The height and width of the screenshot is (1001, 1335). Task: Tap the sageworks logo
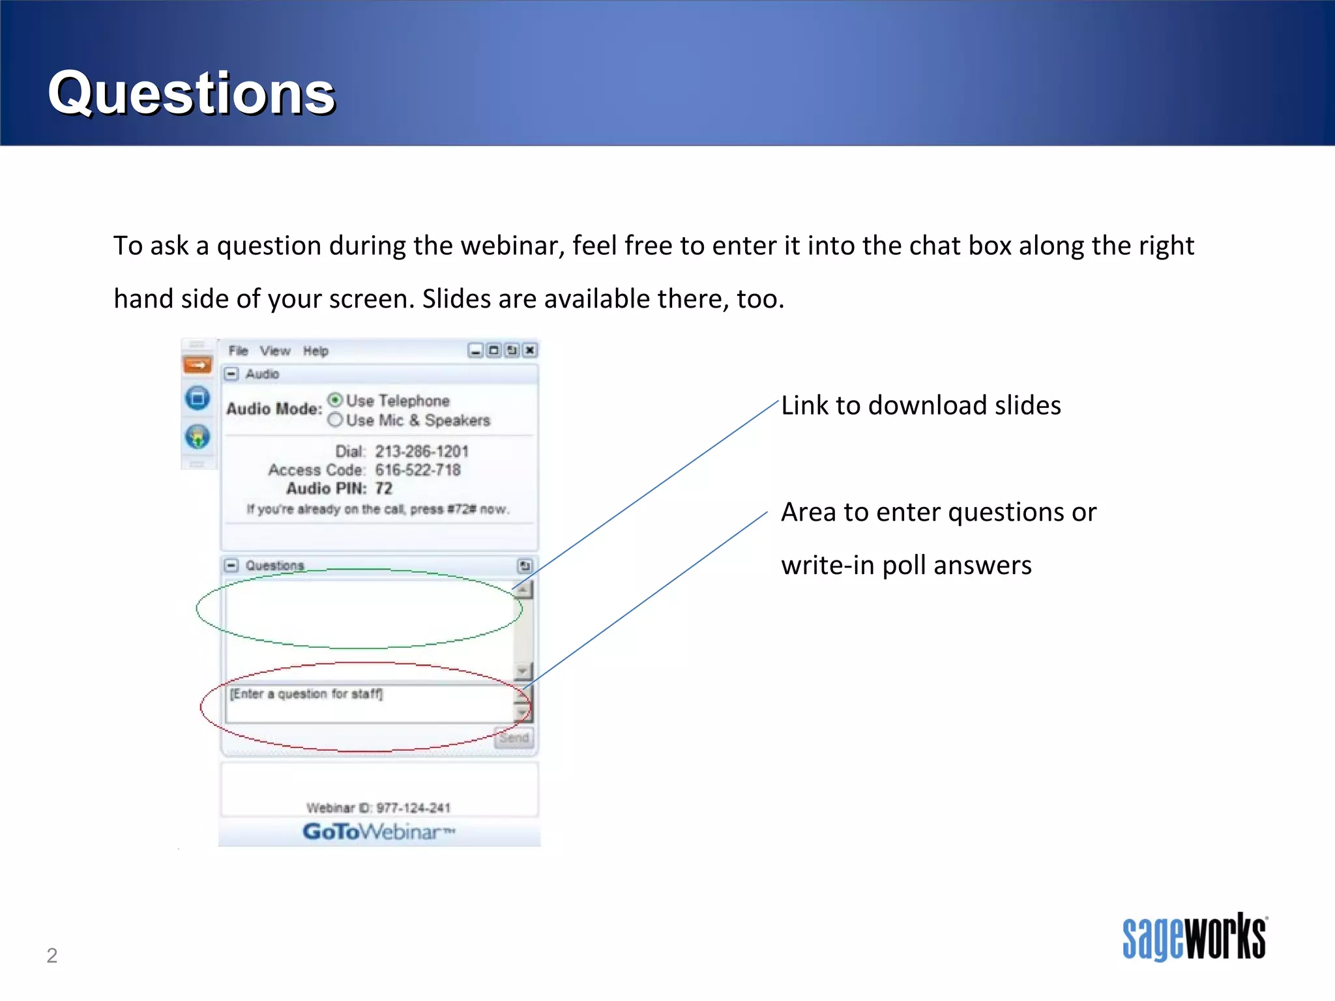point(1194,936)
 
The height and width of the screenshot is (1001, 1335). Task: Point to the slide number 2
point(52,955)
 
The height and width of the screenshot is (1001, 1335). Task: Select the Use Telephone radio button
point(335,399)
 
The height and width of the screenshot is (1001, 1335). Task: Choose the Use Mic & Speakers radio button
point(335,420)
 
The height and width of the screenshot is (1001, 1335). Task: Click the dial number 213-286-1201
point(421,451)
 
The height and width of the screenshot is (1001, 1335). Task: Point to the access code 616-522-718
point(417,470)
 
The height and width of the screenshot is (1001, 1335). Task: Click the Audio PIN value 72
point(383,488)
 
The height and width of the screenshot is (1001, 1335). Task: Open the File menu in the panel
point(238,351)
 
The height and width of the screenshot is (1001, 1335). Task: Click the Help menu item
point(315,351)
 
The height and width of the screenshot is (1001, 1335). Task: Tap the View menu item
point(275,351)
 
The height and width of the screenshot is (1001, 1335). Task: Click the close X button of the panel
point(530,351)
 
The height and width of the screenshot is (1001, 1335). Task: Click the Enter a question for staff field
point(368,703)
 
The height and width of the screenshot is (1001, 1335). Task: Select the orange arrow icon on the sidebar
point(198,365)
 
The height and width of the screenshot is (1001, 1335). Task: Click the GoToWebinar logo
point(378,832)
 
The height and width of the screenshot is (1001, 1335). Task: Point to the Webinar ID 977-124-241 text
point(378,808)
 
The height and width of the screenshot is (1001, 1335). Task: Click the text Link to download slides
point(920,405)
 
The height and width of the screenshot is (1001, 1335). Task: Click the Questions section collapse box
point(231,565)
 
